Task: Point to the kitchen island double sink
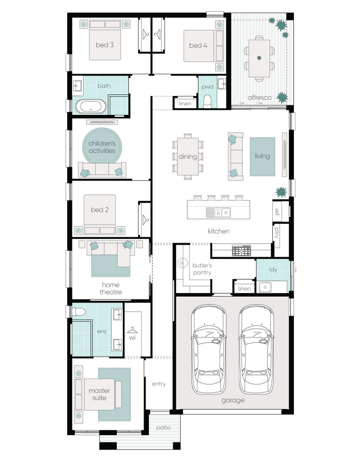219,212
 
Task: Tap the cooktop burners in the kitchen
242,251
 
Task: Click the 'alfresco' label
259,97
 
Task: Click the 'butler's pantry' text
202,269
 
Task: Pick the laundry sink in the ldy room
265,287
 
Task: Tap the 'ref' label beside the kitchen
276,211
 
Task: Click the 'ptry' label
276,233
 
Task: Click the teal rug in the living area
262,156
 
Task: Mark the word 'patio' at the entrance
164,428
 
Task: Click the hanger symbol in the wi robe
132,330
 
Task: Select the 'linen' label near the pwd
185,104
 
